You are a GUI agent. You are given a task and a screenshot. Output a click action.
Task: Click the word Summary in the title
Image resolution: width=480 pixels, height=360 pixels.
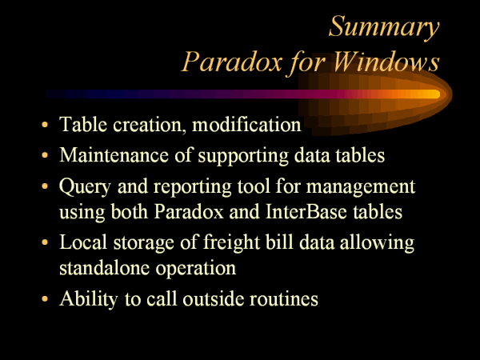[x=384, y=27]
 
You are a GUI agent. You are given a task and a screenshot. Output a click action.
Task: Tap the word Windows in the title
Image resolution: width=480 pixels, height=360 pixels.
[x=386, y=62]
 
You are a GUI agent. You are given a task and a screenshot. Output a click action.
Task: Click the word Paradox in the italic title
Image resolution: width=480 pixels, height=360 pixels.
[x=232, y=62]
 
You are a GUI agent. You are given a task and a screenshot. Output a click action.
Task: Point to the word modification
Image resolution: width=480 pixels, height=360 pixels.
[x=246, y=124]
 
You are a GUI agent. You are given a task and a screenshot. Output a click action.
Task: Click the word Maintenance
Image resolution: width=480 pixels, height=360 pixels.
[x=114, y=155]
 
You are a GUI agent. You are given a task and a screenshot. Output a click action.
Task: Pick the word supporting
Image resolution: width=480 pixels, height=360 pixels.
[x=243, y=156]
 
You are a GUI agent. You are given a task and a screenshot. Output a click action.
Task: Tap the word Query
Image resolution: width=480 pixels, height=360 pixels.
[x=85, y=186]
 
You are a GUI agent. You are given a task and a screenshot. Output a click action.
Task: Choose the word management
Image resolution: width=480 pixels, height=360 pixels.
[x=361, y=187]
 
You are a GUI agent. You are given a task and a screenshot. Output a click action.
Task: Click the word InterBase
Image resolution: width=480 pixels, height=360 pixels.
[x=306, y=211]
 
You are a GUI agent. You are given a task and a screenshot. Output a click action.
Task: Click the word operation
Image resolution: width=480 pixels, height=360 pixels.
[x=196, y=269]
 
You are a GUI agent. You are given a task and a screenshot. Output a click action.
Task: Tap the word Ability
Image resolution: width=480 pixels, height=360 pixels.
[x=89, y=299]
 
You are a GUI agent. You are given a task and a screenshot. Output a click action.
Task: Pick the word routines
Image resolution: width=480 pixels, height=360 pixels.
[x=284, y=298]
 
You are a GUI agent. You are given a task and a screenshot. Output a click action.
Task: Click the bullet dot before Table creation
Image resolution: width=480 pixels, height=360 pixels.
[x=45, y=125]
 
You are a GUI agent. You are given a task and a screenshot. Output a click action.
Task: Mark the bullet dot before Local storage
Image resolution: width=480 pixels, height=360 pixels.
[x=45, y=242]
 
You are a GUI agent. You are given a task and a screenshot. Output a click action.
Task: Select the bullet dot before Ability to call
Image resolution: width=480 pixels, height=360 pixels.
[x=45, y=298]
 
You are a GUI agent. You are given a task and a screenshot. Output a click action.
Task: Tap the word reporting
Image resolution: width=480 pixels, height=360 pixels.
[x=192, y=187]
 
